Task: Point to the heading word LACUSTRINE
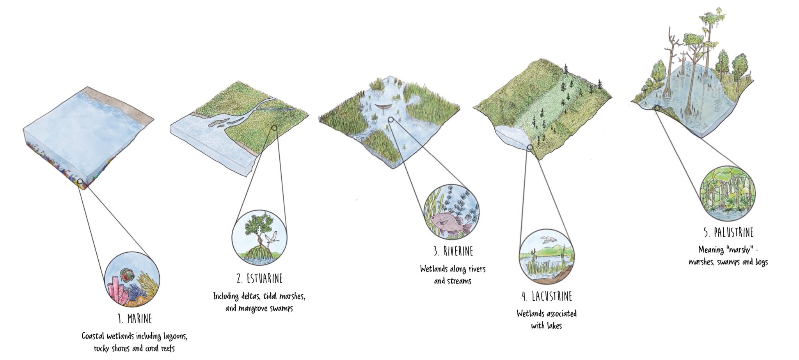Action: [x=552, y=297]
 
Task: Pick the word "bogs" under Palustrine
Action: [x=761, y=262]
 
